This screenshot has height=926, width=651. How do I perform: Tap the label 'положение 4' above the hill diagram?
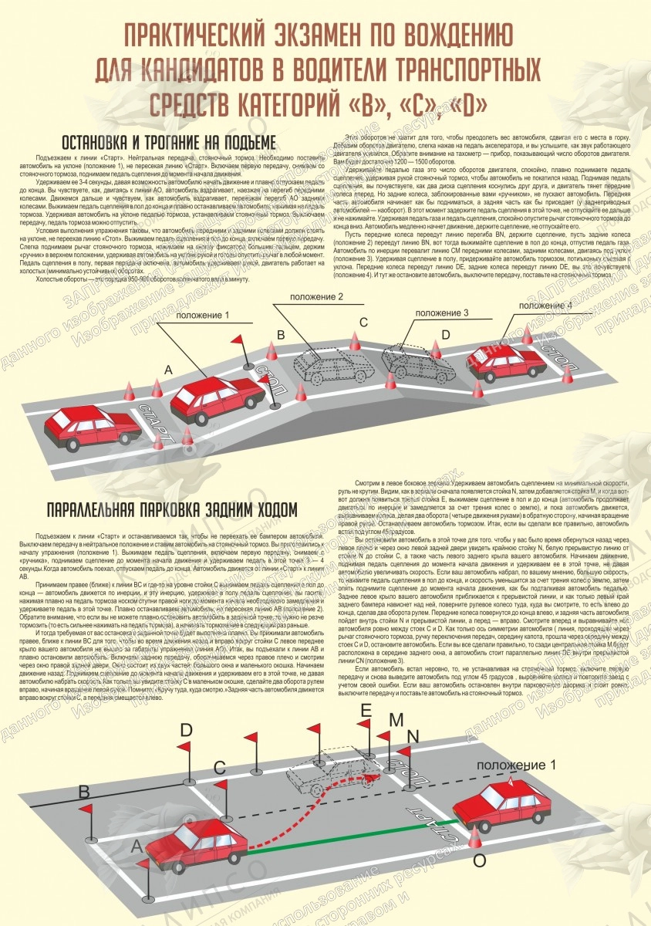545,306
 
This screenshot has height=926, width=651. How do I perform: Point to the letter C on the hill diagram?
364,322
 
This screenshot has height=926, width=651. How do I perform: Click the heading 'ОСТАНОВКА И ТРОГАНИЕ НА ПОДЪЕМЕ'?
167,144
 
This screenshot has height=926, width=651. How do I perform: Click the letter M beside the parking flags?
396,721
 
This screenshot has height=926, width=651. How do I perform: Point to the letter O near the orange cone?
479,859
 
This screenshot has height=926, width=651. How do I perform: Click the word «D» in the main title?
486,102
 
